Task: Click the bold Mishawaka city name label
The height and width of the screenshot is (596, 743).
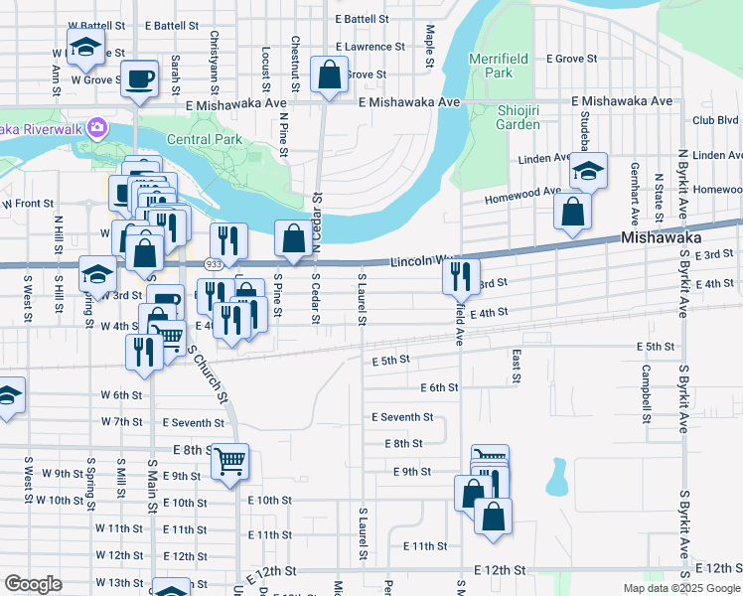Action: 662,238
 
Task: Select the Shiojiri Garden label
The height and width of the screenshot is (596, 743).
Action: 518,117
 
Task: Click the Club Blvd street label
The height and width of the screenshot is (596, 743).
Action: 715,120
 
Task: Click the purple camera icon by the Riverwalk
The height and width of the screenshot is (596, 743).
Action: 96,126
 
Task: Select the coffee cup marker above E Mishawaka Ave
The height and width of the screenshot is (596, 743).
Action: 139,77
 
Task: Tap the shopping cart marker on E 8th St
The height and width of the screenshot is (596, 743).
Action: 229,460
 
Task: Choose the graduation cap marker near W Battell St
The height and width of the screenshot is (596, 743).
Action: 85,45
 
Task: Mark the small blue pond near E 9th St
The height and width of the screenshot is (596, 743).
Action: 555,478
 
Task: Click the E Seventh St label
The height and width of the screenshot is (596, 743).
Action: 402,417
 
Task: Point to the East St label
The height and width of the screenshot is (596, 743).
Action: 517,366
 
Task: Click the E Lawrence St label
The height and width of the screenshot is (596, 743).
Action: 370,47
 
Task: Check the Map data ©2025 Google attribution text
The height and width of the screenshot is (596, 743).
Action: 681,588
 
